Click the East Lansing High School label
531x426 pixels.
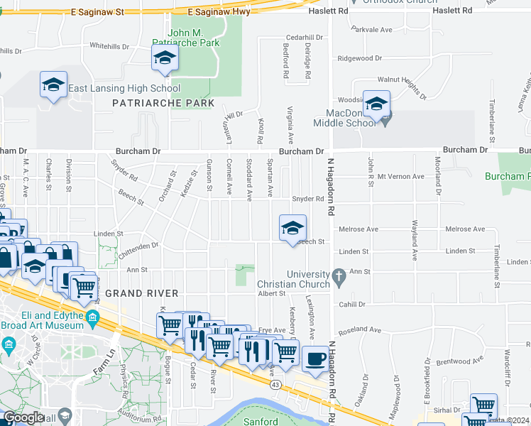tap(124, 89)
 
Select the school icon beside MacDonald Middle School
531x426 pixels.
tap(376, 103)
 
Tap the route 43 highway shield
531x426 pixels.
tap(274, 383)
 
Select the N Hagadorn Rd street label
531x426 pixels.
tap(331, 187)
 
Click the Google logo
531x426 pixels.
tap(23, 417)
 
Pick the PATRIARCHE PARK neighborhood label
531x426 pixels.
tap(163, 103)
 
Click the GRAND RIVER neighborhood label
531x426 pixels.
tap(131, 293)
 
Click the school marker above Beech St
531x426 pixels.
tap(292, 229)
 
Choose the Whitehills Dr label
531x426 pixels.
tap(110, 46)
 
